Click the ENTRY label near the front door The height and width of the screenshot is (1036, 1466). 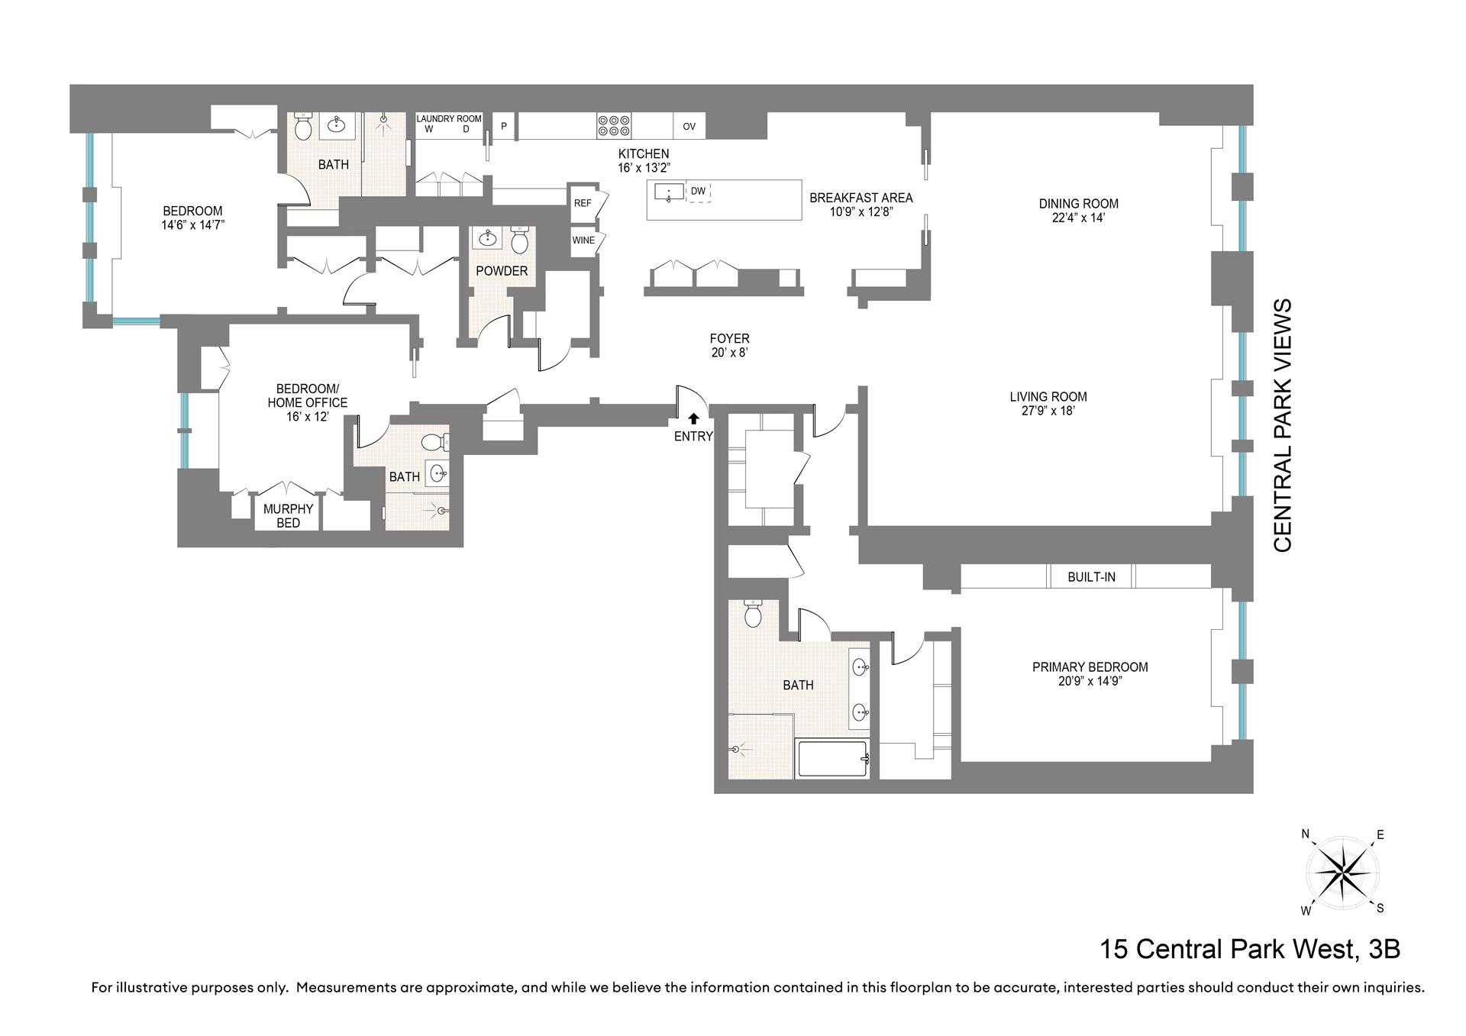click(x=693, y=437)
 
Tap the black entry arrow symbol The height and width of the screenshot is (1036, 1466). click(x=693, y=418)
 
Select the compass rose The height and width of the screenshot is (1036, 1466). click(x=1343, y=872)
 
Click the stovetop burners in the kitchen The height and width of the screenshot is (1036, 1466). click(x=614, y=126)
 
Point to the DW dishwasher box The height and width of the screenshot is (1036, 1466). click(x=699, y=192)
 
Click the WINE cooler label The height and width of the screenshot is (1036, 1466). click(x=583, y=240)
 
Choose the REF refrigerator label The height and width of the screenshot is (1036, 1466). click(x=583, y=204)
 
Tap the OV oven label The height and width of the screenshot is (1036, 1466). click(x=689, y=127)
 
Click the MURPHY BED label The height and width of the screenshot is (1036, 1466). click(x=288, y=516)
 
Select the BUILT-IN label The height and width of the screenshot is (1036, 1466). click(x=1091, y=577)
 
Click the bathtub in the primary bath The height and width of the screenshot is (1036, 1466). click(x=831, y=759)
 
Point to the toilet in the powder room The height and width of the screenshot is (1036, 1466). click(x=520, y=240)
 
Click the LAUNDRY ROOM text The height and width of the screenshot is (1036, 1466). click(x=449, y=119)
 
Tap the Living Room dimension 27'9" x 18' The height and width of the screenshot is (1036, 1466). click(x=1048, y=411)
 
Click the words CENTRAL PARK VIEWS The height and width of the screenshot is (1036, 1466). click(x=1283, y=425)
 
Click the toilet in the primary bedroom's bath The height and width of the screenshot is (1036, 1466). click(x=753, y=613)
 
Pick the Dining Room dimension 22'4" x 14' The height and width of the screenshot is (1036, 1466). click(x=1078, y=218)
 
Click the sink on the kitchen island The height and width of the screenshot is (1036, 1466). click(x=669, y=192)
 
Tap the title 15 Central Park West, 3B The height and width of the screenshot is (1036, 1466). click(x=1250, y=949)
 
